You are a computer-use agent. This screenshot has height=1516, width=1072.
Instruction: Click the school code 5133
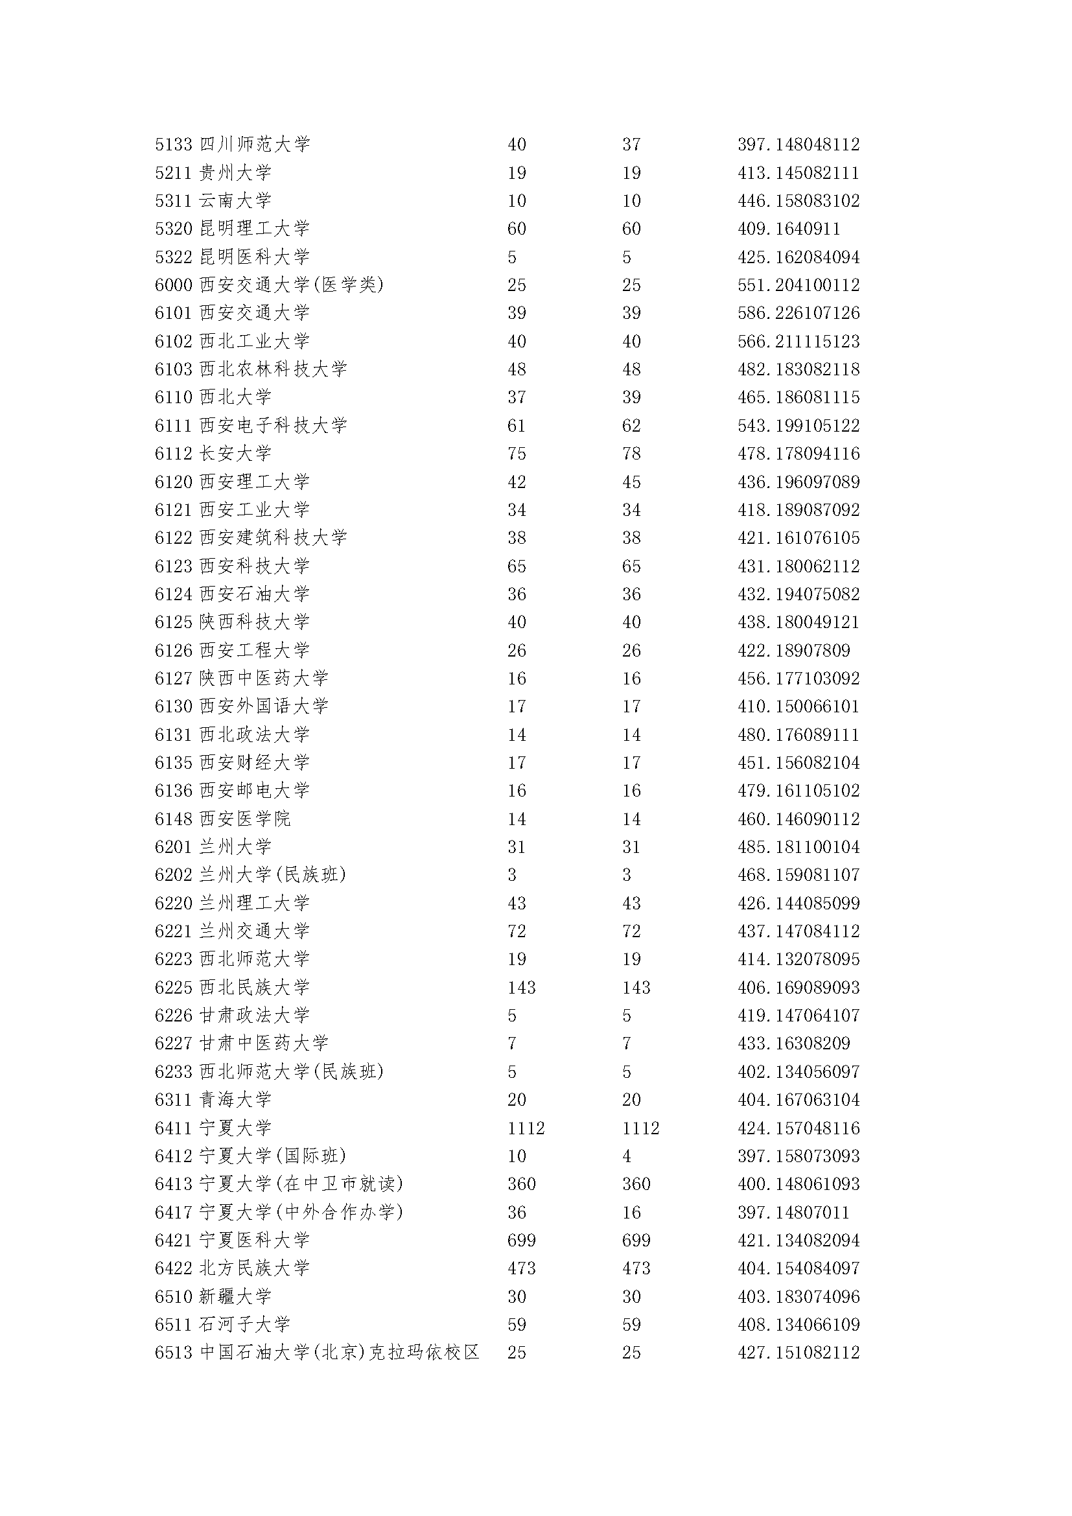(x=174, y=145)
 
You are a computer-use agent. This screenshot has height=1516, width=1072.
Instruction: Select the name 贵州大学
(x=236, y=173)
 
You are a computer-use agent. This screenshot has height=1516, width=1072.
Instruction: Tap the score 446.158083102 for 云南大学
(x=798, y=201)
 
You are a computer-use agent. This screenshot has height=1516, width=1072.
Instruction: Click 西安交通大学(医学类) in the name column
(x=292, y=285)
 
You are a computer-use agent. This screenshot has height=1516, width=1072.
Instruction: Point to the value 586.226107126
(x=798, y=313)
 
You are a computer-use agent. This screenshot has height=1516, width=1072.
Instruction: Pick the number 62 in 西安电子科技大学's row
(x=631, y=426)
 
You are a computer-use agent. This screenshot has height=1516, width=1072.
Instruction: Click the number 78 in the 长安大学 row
(x=631, y=454)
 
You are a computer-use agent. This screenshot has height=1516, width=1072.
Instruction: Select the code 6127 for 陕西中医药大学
(x=174, y=679)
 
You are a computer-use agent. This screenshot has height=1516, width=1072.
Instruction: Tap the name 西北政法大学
(x=255, y=735)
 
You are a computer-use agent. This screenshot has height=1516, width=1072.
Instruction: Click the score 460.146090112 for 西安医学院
(x=798, y=819)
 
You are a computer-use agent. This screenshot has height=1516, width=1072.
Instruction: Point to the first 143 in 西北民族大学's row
(x=522, y=988)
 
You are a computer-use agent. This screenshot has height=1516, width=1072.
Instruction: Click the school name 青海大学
(x=236, y=1100)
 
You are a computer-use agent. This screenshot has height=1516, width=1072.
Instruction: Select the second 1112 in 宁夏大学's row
(x=640, y=1128)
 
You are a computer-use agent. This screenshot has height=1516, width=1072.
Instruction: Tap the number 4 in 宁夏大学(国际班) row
(x=627, y=1156)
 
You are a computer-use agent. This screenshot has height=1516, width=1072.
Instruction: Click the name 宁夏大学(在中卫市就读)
(x=301, y=1184)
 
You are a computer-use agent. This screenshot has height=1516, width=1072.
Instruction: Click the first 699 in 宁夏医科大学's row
(x=522, y=1241)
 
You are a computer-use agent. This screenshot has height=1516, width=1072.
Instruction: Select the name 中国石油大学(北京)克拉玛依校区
(x=339, y=1353)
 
